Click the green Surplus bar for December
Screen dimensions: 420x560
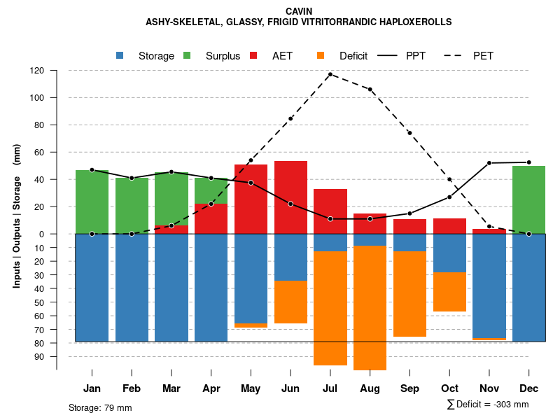tap(528, 199)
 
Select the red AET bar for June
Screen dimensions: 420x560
tap(290, 197)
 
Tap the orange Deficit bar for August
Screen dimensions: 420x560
tap(370, 308)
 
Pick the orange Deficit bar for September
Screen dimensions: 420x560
tap(409, 294)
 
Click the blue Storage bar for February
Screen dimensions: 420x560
tap(132, 288)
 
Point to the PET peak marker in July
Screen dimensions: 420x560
tap(330, 74)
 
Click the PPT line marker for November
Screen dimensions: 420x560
tap(489, 163)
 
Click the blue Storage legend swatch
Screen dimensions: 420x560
tap(120, 55)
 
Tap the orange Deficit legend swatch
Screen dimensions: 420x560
tap(321, 55)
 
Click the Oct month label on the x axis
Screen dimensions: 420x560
tap(449, 388)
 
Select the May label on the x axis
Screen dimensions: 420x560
tap(251, 388)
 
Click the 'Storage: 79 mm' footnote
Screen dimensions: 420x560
tap(100, 407)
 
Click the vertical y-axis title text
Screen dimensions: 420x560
tap(16, 216)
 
